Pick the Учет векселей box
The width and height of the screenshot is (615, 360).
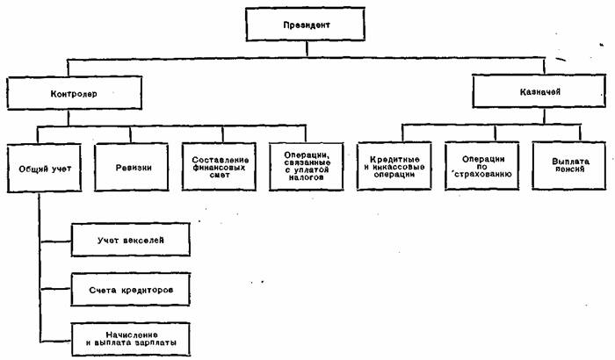pos(130,239)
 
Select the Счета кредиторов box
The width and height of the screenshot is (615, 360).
pos(130,288)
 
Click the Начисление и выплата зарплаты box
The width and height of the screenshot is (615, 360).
pos(130,337)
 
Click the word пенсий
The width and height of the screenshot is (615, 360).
pos(570,169)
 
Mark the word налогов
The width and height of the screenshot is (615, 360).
pos(307,177)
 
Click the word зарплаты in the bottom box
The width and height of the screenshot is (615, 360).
pos(157,342)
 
